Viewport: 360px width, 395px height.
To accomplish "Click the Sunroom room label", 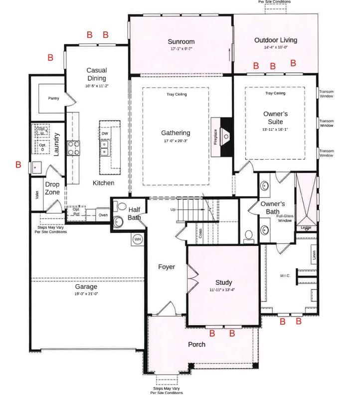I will click(181, 41).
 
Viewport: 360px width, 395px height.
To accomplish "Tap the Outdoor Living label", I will click(275, 40).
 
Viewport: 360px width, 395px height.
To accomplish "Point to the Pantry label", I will click(54, 98).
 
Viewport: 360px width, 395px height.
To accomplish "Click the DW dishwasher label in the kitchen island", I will click(105, 134).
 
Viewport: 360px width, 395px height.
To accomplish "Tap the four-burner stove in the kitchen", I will click(74, 148).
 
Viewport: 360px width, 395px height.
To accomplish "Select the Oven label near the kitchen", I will click(103, 215).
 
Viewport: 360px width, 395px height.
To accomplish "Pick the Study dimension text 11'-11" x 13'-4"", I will click(223, 290).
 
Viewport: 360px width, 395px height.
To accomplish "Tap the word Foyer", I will click(167, 267).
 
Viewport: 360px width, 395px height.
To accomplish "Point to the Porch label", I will click(196, 344).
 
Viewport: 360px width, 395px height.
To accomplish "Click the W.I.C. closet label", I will click(285, 276).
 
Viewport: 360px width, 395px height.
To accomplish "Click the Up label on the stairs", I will click(173, 209).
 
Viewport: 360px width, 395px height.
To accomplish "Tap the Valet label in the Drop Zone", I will click(37, 195).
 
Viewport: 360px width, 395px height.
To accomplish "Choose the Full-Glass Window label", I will click(285, 217).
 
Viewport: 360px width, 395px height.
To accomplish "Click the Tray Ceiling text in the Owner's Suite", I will click(275, 93).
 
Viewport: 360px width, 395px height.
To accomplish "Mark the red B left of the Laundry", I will click(18, 165).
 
